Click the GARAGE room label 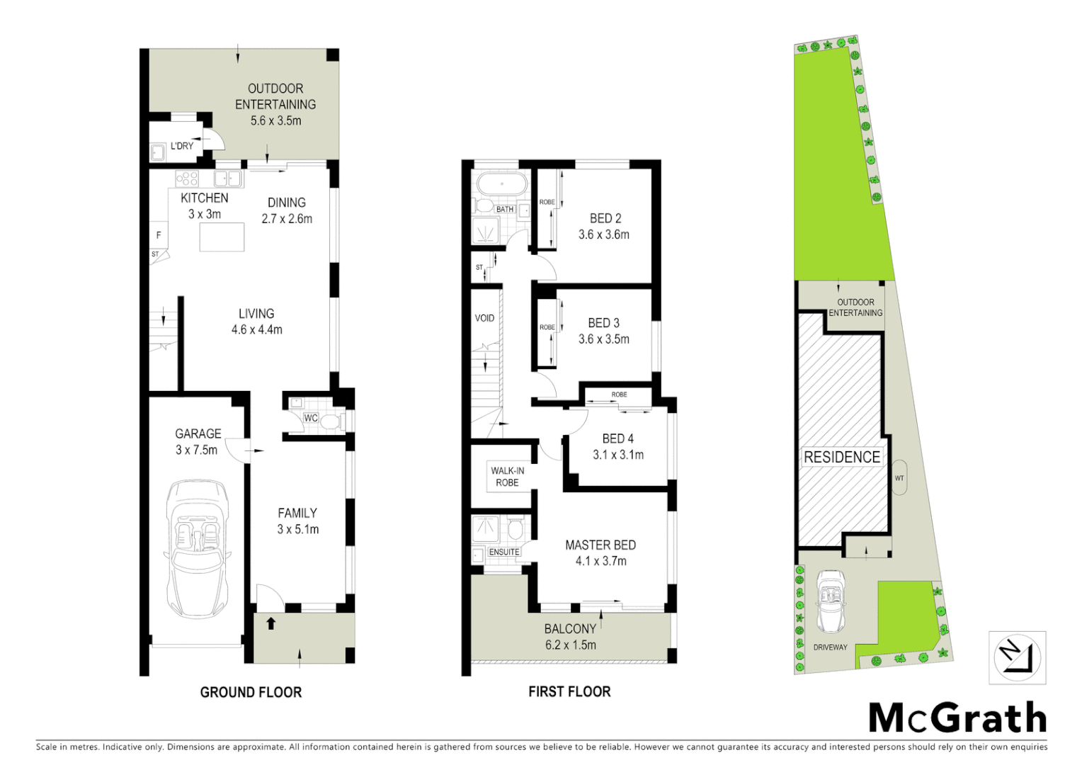pos(198,433)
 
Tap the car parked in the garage pos(198,549)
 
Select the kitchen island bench pos(222,237)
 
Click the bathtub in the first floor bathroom pos(502,185)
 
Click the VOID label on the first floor pos(484,318)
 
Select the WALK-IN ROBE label pos(508,477)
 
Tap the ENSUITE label pos(504,552)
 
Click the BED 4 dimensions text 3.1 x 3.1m pos(618,455)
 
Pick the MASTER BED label pos(600,545)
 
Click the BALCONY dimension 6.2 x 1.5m pos(571,645)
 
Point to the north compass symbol pos(1017,657)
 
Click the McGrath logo pos(957,718)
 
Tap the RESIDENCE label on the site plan pos(842,457)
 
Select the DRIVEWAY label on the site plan pos(830,647)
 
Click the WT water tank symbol pos(899,478)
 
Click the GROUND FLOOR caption pos(251,692)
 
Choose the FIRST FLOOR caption pos(569,691)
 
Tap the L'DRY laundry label pos(182,146)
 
